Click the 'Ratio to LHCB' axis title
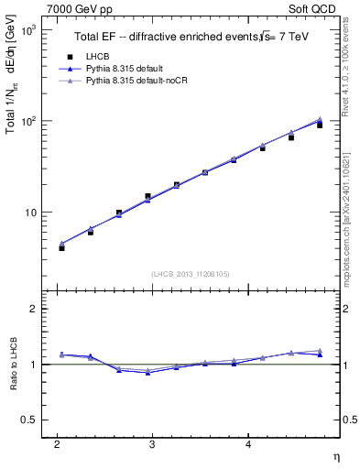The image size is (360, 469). pyautogui.click(x=12, y=365)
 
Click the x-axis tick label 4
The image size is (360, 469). pyautogui.click(x=249, y=444)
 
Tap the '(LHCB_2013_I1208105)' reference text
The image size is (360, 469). pyautogui.click(x=190, y=274)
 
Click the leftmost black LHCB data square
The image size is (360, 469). pyautogui.click(x=61, y=248)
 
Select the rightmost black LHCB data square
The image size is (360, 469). pyautogui.click(x=320, y=125)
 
